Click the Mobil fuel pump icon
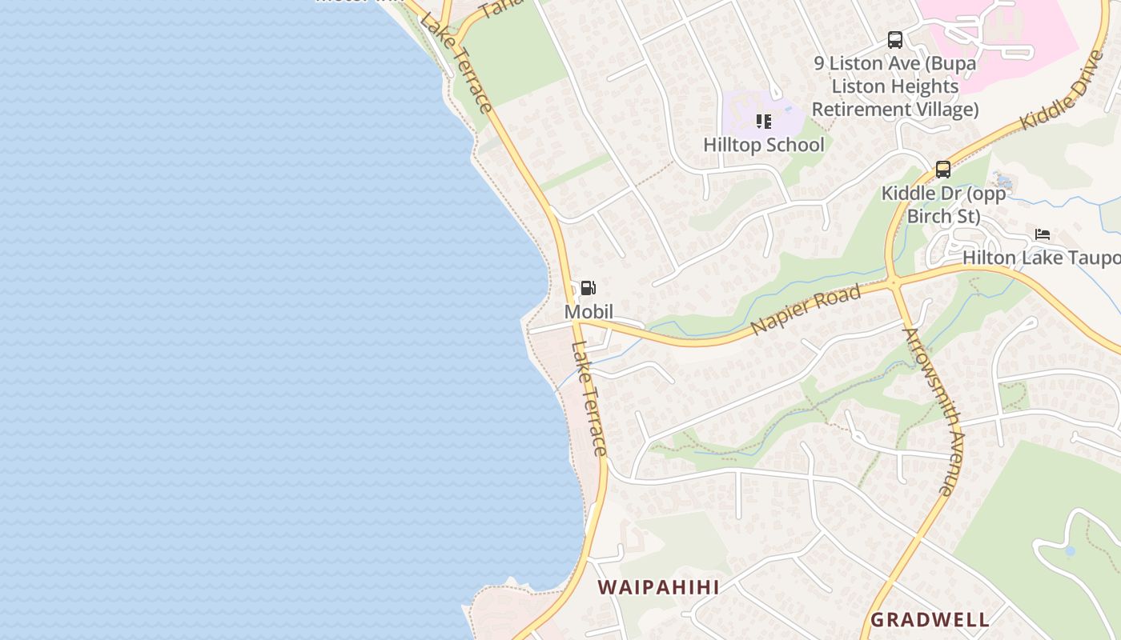pyautogui.click(x=588, y=288)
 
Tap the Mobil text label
pyautogui.click(x=589, y=311)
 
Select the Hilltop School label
pyautogui.click(x=763, y=145)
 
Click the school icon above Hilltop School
pyautogui.click(x=763, y=122)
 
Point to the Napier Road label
pyautogui.click(x=806, y=310)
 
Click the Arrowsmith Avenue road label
pyautogui.click(x=933, y=411)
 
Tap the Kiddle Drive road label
pyautogui.click(x=1063, y=90)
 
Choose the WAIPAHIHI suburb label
pyautogui.click(x=658, y=586)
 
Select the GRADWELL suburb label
pyautogui.click(x=930, y=619)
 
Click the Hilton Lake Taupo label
pyautogui.click(x=1041, y=258)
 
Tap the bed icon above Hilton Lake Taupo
pyautogui.click(x=1042, y=234)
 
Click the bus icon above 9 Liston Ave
pyautogui.click(x=895, y=39)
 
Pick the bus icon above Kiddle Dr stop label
pyautogui.click(x=943, y=170)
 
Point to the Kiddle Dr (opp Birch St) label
pyautogui.click(x=943, y=205)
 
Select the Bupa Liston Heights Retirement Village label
pyautogui.click(x=895, y=86)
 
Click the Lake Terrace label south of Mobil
pyautogui.click(x=589, y=398)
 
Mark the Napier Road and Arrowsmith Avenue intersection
pyautogui.click(x=894, y=282)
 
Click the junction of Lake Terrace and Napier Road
pyautogui.click(x=578, y=322)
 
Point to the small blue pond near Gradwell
pyautogui.click(x=1070, y=550)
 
